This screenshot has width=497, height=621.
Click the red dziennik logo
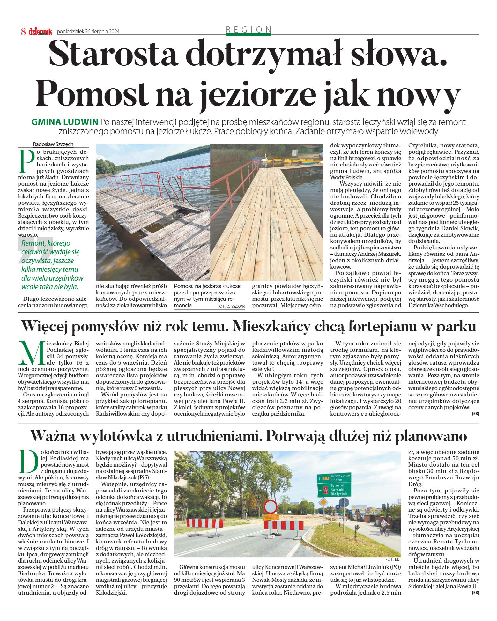40,32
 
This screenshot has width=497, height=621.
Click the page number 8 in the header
23,32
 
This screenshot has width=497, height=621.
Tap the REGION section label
248,30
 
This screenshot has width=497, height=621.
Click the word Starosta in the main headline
113,54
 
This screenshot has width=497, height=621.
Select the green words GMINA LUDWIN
65,122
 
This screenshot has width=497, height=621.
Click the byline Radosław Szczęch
53,144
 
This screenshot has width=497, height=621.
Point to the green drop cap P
27,161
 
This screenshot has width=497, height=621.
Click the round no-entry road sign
271,506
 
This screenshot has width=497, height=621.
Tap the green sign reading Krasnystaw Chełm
334,477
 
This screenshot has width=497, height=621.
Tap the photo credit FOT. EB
392,559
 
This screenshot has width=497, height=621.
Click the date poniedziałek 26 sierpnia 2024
88,32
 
